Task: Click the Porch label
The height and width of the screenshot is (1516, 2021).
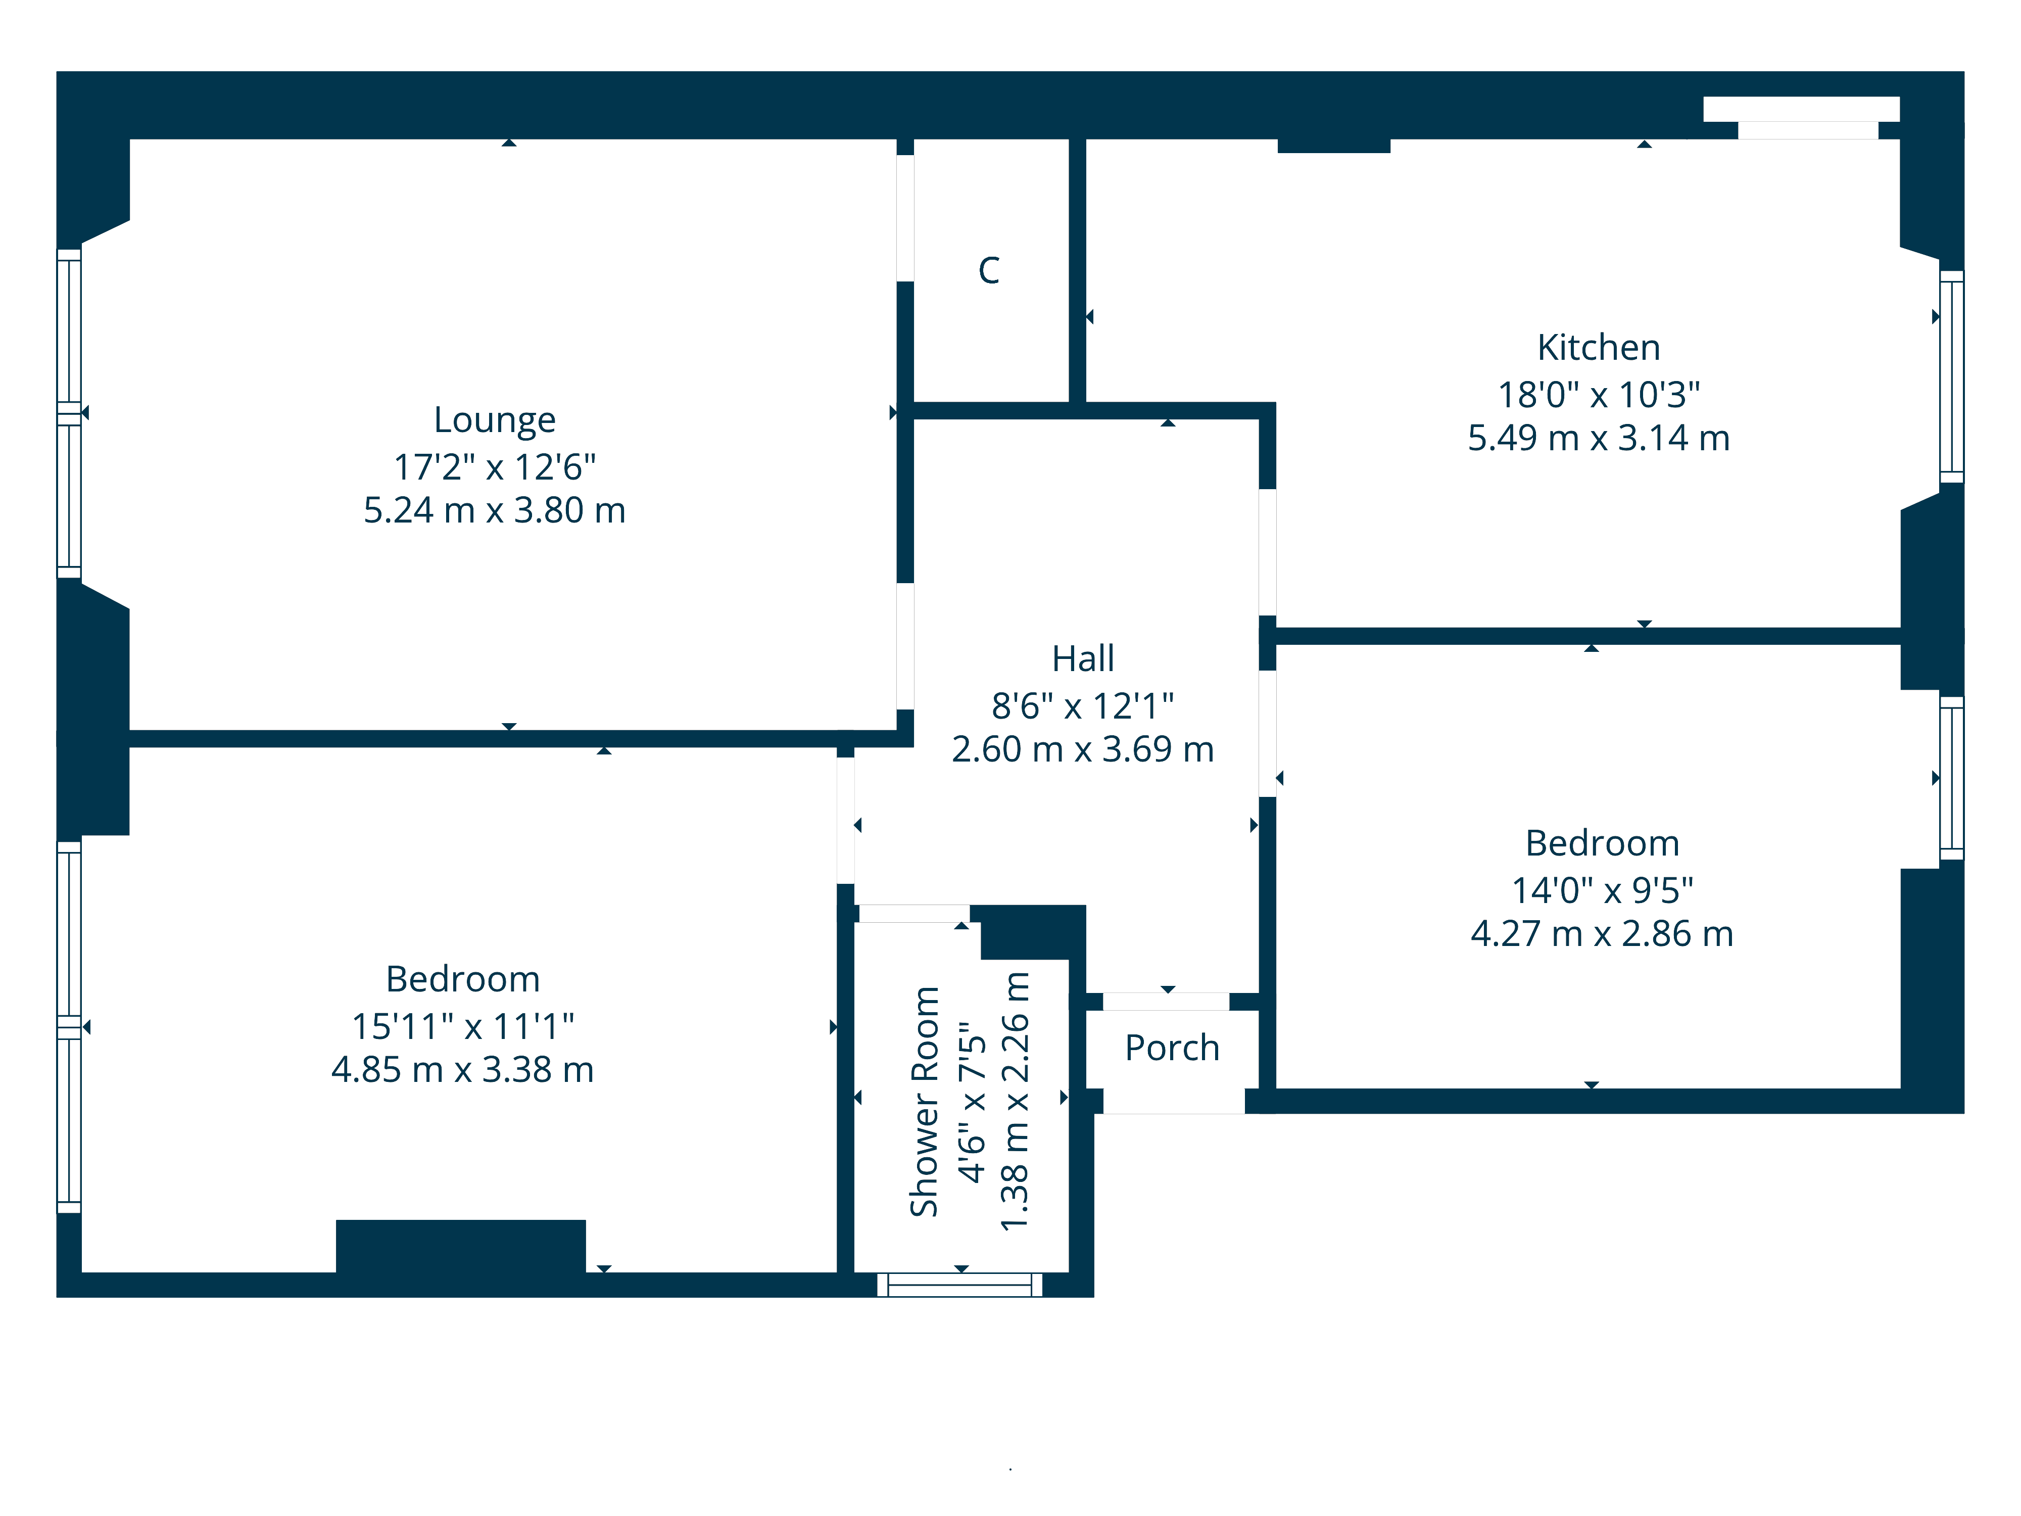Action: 1172,1048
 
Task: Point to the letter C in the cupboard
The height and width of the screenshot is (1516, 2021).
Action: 989,270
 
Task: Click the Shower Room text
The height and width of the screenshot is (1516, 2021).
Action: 925,1101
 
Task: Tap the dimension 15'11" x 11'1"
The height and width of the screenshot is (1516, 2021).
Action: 462,1026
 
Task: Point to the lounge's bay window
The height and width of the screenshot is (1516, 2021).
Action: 69,413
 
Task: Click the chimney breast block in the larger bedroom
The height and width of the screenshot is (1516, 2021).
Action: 460,1246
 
